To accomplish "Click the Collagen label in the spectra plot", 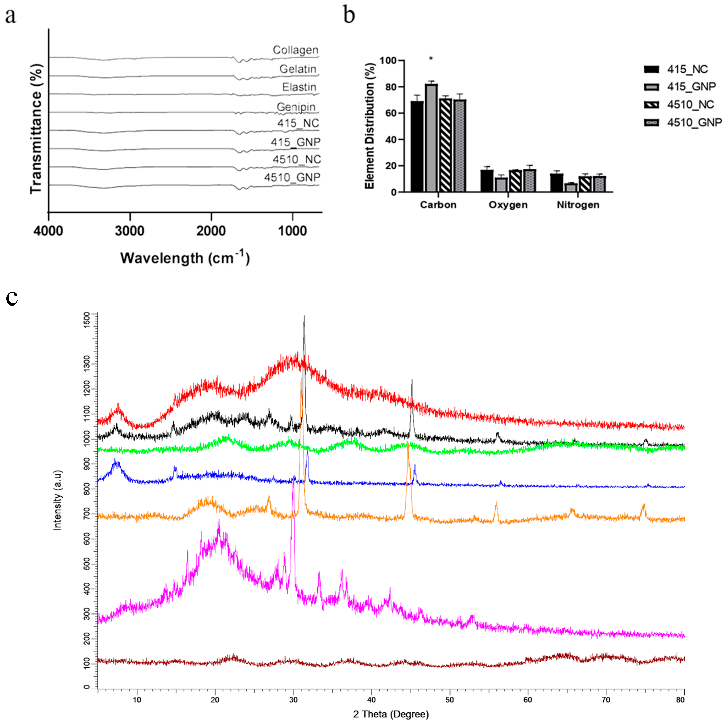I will tap(295, 50).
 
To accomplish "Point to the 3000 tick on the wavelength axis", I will tap(130, 230).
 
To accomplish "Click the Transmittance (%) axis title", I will tap(37, 129).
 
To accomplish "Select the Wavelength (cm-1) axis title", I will tap(185, 258).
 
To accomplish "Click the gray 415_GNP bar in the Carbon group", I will tap(431, 138).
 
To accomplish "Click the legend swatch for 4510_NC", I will tap(651, 104).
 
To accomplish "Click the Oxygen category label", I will tap(508, 205).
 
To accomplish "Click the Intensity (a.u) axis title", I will tap(57, 500).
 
